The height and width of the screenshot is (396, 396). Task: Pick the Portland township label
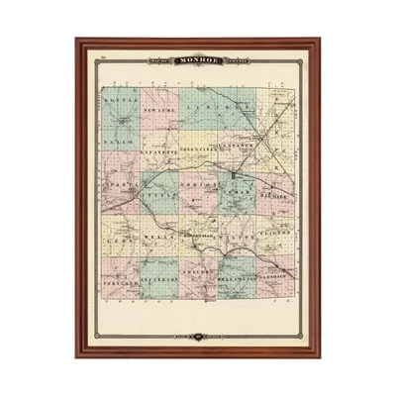pyautogui.click(x=120, y=282)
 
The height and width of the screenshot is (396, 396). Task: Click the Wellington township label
pyautogui.click(x=238, y=280)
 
